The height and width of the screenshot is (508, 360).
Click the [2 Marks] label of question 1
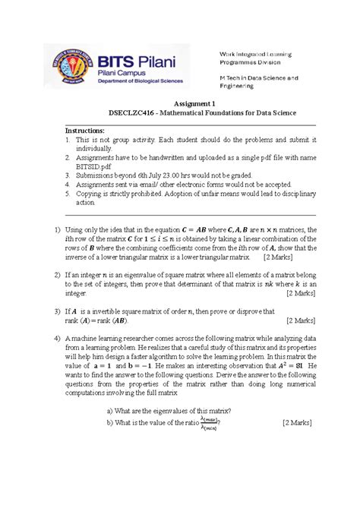point(280,257)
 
